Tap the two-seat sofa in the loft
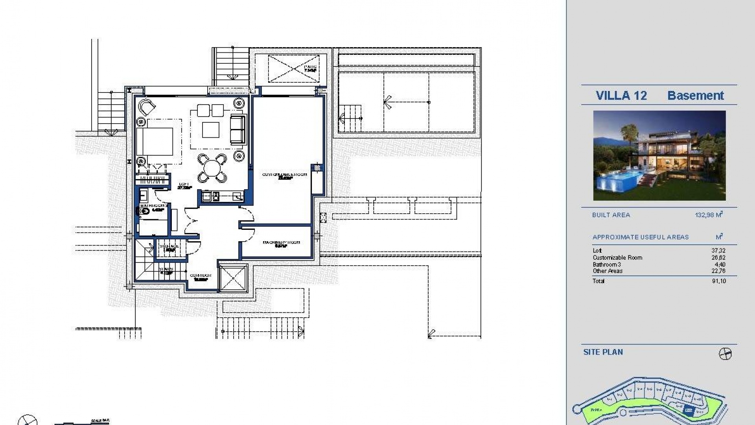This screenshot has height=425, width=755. tap(237, 129)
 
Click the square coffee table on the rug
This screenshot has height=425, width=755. tap(211, 129)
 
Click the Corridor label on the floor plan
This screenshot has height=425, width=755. tap(201, 276)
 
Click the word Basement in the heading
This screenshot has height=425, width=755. tap(695, 96)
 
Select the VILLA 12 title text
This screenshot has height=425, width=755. tap(621, 96)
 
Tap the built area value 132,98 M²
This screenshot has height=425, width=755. tap(709, 215)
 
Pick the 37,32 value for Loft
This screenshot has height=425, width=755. tap(718, 251)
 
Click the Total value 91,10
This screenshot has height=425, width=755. tap(718, 281)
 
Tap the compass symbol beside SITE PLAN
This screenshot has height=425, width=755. tap(725, 354)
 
